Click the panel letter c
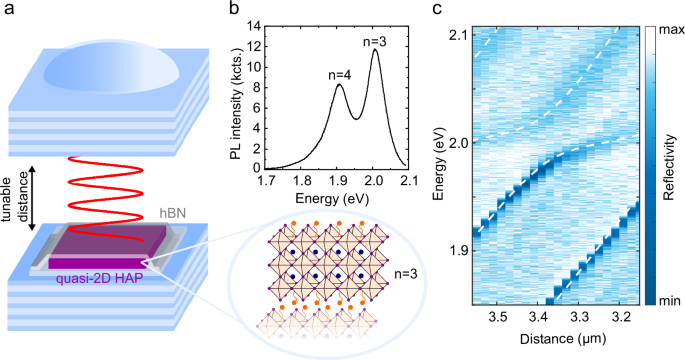(437, 10)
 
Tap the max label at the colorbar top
(669, 30)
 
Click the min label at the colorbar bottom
(668, 298)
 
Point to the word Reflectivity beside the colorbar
(668, 164)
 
